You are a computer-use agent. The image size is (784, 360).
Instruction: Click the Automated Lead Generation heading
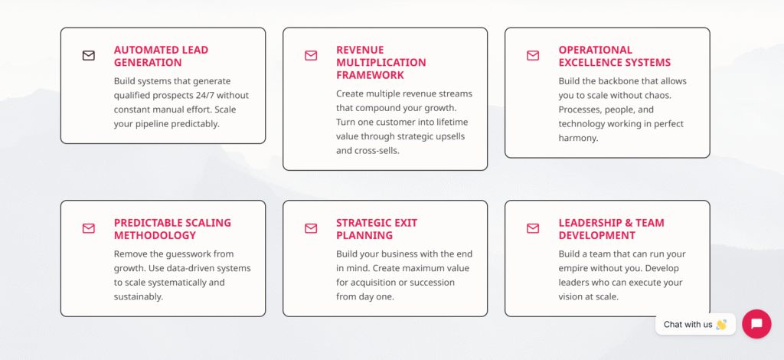click(x=161, y=56)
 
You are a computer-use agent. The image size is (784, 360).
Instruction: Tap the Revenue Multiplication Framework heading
click(x=381, y=63)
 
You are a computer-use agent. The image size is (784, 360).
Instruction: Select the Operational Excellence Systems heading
click(x=615, y=56)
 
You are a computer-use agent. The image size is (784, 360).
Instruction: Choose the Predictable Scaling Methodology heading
click(x=172, y=229)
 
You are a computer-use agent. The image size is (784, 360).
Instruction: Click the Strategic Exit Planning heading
click(x=377, y=229)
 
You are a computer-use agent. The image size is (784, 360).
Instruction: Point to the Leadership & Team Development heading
click(x=612, y=229)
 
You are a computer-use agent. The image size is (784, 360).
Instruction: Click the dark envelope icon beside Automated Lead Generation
click(x=89, y=55)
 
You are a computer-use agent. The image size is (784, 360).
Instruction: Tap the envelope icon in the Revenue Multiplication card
click(x=311, y=55)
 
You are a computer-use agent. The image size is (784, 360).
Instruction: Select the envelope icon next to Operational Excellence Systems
click(x=533, y=55)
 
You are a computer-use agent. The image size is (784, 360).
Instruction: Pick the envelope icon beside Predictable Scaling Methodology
click(x=89, y=228)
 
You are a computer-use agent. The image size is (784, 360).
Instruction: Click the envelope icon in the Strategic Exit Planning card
click(x=311, y=228)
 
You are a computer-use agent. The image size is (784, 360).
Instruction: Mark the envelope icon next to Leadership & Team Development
click(x=533, y=228)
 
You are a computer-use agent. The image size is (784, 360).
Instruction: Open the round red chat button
click(x=756, y=324)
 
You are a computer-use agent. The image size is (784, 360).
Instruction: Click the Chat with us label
click(x=688, y=325)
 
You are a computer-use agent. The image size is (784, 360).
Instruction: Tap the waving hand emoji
click(x=721, y=325)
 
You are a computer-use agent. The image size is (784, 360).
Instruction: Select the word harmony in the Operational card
click(x=577, y=139)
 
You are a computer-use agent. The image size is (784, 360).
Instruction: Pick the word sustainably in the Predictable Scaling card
click(x=138, y=297)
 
